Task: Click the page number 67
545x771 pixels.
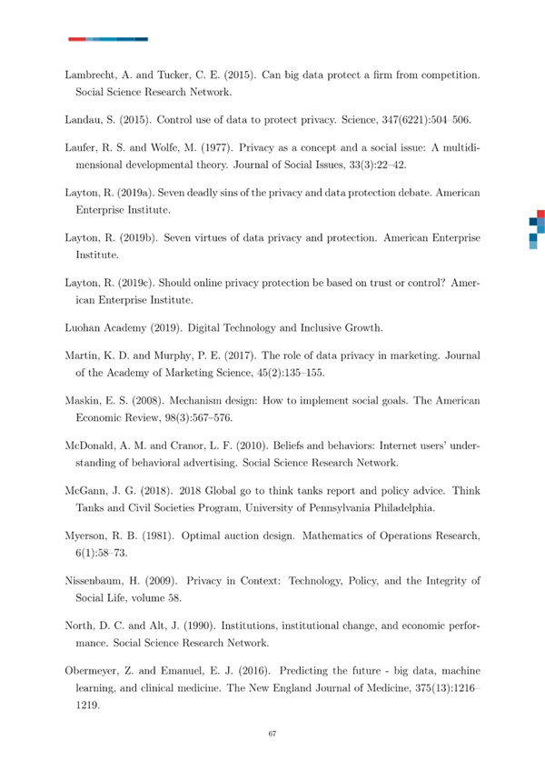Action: [272, 734]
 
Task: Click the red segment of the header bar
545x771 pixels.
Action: [76, 39]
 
